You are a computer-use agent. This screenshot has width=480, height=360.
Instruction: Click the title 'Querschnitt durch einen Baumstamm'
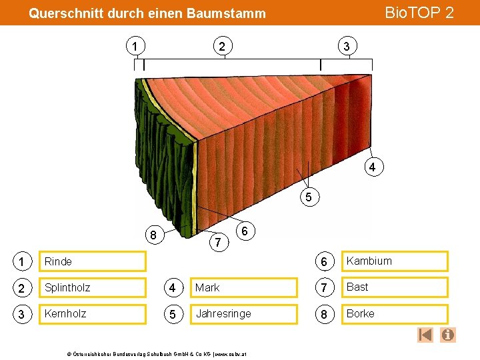click(147, 13)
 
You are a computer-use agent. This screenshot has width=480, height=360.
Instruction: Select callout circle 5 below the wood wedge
click(309, 197)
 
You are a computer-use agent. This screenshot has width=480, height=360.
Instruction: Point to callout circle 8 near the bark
click(153, 235)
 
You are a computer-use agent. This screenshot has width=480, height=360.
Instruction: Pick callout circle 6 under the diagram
click(245, 231)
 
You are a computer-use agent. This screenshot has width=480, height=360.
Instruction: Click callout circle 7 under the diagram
click(217, 241)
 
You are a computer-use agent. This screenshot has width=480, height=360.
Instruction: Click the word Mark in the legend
click(207, 288)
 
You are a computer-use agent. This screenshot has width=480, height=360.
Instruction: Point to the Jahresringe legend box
click(243, 314)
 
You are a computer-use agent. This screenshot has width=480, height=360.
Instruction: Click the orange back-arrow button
click(425, 335)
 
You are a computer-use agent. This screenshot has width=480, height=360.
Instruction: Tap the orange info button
click(448, 335)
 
